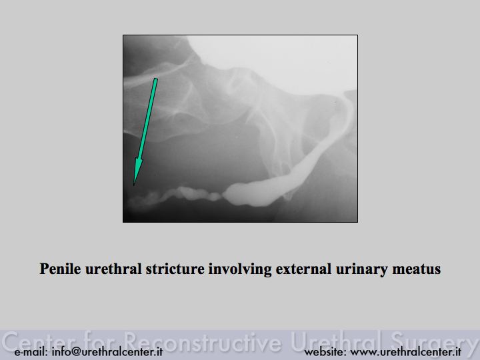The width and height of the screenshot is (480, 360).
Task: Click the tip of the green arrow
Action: pos(134,185)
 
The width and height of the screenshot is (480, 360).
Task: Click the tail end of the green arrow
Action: pos(156,79)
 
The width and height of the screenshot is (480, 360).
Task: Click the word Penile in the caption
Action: pos(60,269)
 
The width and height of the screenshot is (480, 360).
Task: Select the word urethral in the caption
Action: pos(113,269)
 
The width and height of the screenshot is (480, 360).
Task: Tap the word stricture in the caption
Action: pos(175,269)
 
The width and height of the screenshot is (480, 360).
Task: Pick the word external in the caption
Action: pos(304,269)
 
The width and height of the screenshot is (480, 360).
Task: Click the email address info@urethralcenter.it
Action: pos(107,351)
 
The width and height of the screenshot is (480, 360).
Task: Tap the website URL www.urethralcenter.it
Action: pos(405,351)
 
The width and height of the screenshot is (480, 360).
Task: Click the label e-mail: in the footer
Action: pos(31,351)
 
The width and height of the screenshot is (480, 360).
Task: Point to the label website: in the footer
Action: pos(325,351)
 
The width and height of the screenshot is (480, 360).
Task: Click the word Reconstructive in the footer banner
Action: pos(203,341)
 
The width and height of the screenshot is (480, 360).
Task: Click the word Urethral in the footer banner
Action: pos(336,341)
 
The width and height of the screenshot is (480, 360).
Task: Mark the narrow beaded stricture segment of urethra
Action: pos(175,196)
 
